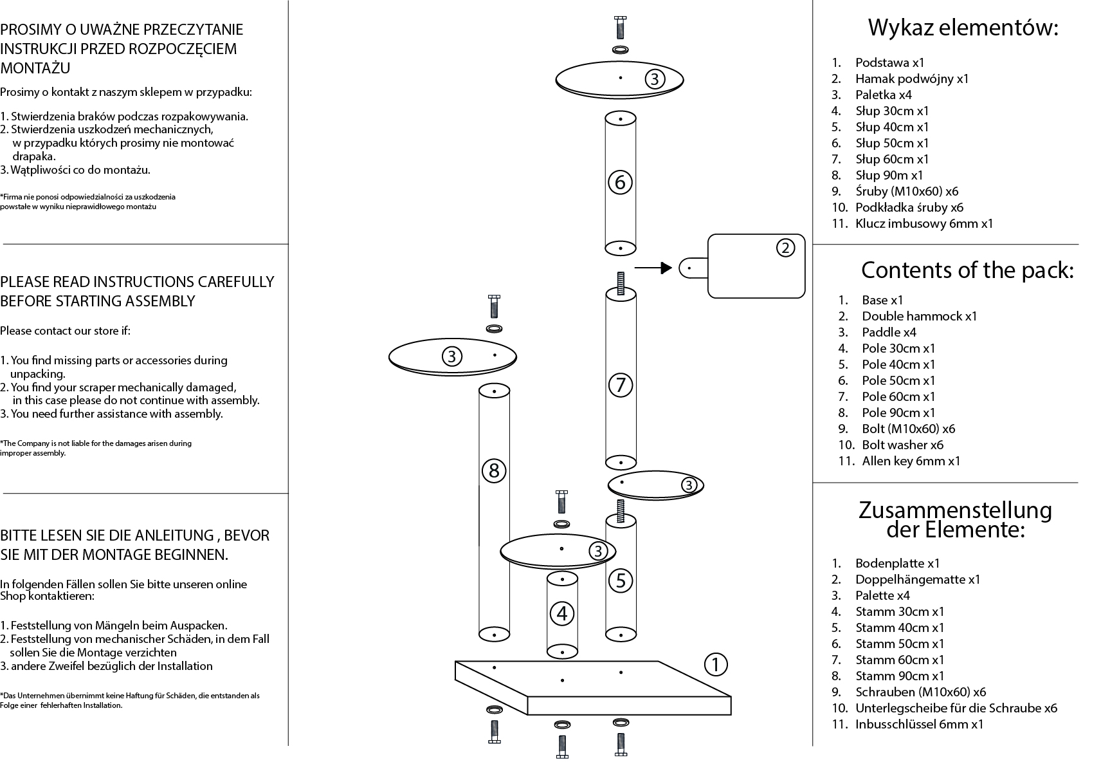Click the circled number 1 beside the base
(715, 664)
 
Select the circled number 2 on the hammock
(785, 248)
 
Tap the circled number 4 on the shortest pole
(562, 613)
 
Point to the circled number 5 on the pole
(621, 581)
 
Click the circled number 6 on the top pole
(620, 183)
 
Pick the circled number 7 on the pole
(621, 385)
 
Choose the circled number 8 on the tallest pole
(494, 470)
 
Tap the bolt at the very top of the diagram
(620, 28)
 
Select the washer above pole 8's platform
(494, 329)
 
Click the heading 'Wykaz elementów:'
(963, 28)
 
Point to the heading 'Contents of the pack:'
(967, 270)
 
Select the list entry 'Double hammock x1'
(919, 316)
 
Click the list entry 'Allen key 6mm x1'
(911, 461)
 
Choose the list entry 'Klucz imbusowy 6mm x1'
(924, 223)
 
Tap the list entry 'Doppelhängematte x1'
(917, 579)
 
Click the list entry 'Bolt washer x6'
(902, 445)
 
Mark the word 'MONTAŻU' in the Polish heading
(35, 68)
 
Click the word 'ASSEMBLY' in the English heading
(158, 301)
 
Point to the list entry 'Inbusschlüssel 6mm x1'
(919, 724)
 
